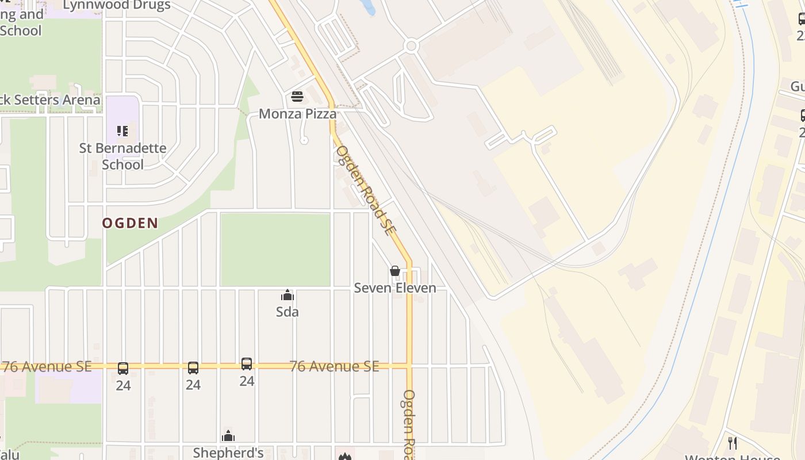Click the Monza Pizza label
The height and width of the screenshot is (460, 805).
(297, 113)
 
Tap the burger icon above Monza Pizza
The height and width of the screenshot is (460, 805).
(297, 96)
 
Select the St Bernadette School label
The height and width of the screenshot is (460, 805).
(122, 156)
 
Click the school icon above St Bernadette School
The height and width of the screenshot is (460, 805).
(122, 132)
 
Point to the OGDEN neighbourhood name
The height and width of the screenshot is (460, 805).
(130, 223)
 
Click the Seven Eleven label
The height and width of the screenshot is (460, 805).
(395, 287)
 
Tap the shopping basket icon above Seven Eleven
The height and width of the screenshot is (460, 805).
(395, 270)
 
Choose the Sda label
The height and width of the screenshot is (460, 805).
(287, 312)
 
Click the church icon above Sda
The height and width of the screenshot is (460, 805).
(287, 296)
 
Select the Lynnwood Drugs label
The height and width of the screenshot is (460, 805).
(116, 6)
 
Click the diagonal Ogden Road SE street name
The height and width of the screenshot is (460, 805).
(366, 190)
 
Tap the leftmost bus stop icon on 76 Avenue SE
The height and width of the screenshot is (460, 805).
(123, 369)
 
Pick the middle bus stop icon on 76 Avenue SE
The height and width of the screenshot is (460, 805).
(193, 368)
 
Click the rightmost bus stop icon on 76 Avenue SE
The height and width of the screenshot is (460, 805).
(247, 364)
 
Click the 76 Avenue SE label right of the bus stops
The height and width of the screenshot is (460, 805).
(334, 366)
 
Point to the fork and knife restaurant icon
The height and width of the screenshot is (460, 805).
(733, 443)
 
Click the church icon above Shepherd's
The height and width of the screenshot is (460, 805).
(228, 436)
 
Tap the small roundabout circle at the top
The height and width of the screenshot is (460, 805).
(411, 46)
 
